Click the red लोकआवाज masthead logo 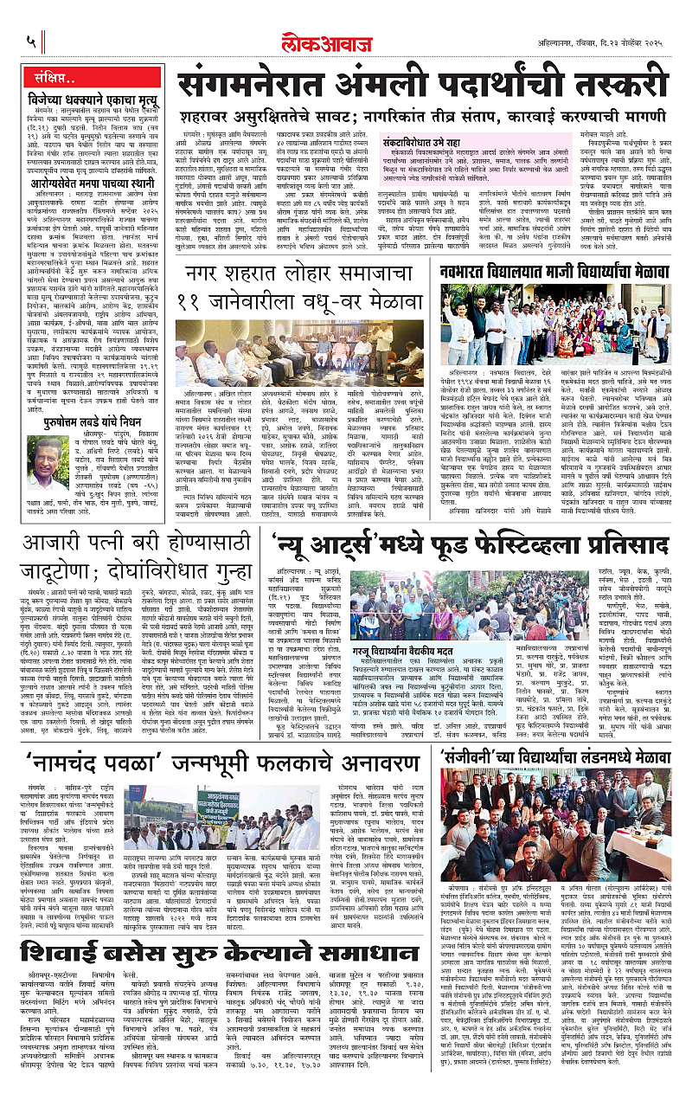click(x=346, y=42)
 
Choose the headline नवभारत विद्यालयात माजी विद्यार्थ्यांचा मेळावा click(x=557, y=271)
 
